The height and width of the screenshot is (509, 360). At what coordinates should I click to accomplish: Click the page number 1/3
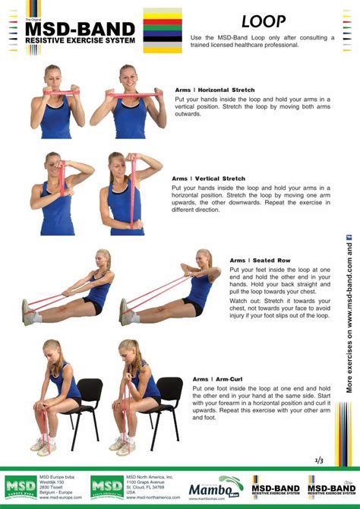tap(319, 460)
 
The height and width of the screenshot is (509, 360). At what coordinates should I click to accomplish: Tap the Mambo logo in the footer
tap(215, 488)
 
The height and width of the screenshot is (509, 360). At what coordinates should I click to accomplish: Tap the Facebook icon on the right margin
tap(350, 238)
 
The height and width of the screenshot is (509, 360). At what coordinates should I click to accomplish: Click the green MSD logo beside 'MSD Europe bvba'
tap(20, 486)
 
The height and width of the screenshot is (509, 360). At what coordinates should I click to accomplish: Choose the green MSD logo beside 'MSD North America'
tap(107, 487)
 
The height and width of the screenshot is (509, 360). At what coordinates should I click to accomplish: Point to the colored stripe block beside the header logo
tap(163, 31)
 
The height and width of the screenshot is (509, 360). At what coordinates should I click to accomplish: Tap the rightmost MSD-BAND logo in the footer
tap(331, 487)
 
